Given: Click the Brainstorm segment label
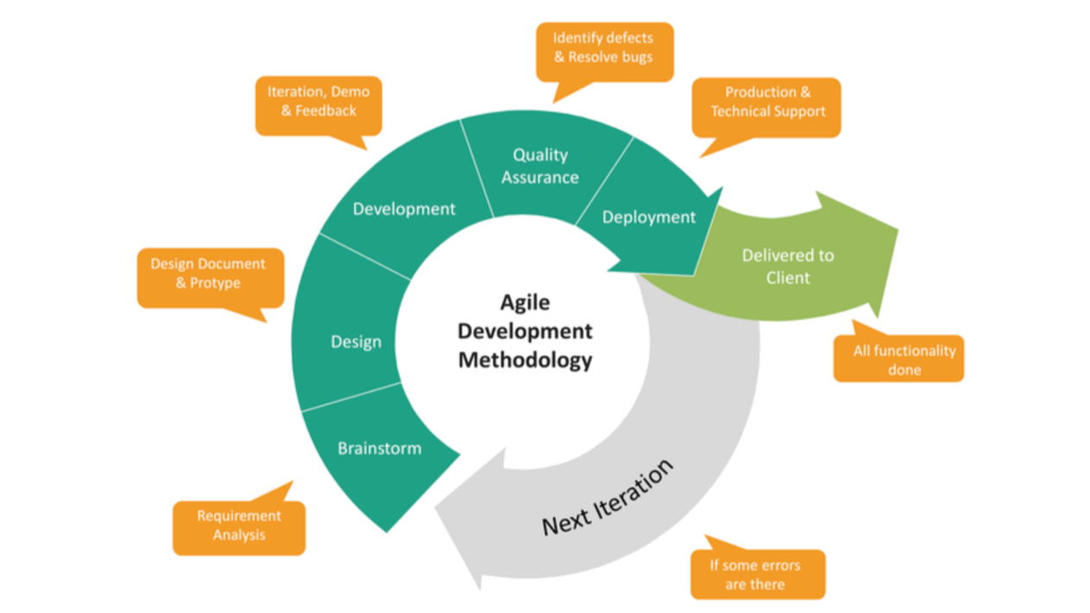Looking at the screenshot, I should (x=380, y=448).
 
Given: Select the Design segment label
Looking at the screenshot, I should (x=356, y=342).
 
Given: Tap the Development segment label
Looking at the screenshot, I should (x=404, y=209).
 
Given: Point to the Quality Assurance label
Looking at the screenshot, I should (x=540, y=166).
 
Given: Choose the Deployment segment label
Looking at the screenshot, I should (x=649, y=218).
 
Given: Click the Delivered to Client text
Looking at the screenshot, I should (x=788, y=266).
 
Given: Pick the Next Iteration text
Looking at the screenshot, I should (x=607, y=498).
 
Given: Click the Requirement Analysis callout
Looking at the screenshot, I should (x=239, y=526).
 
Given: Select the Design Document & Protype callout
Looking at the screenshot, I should (x=209, y=274).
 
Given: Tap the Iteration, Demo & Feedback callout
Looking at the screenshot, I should (x=318, y=101).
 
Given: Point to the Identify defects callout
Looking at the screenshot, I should (x=604, y=48).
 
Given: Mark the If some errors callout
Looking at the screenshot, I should (x=755, y=574).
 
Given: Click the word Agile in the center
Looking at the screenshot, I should (x=525, y=303).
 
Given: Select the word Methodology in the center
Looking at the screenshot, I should (x=525, y=359).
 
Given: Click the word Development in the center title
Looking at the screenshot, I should (x=525, y=331).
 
